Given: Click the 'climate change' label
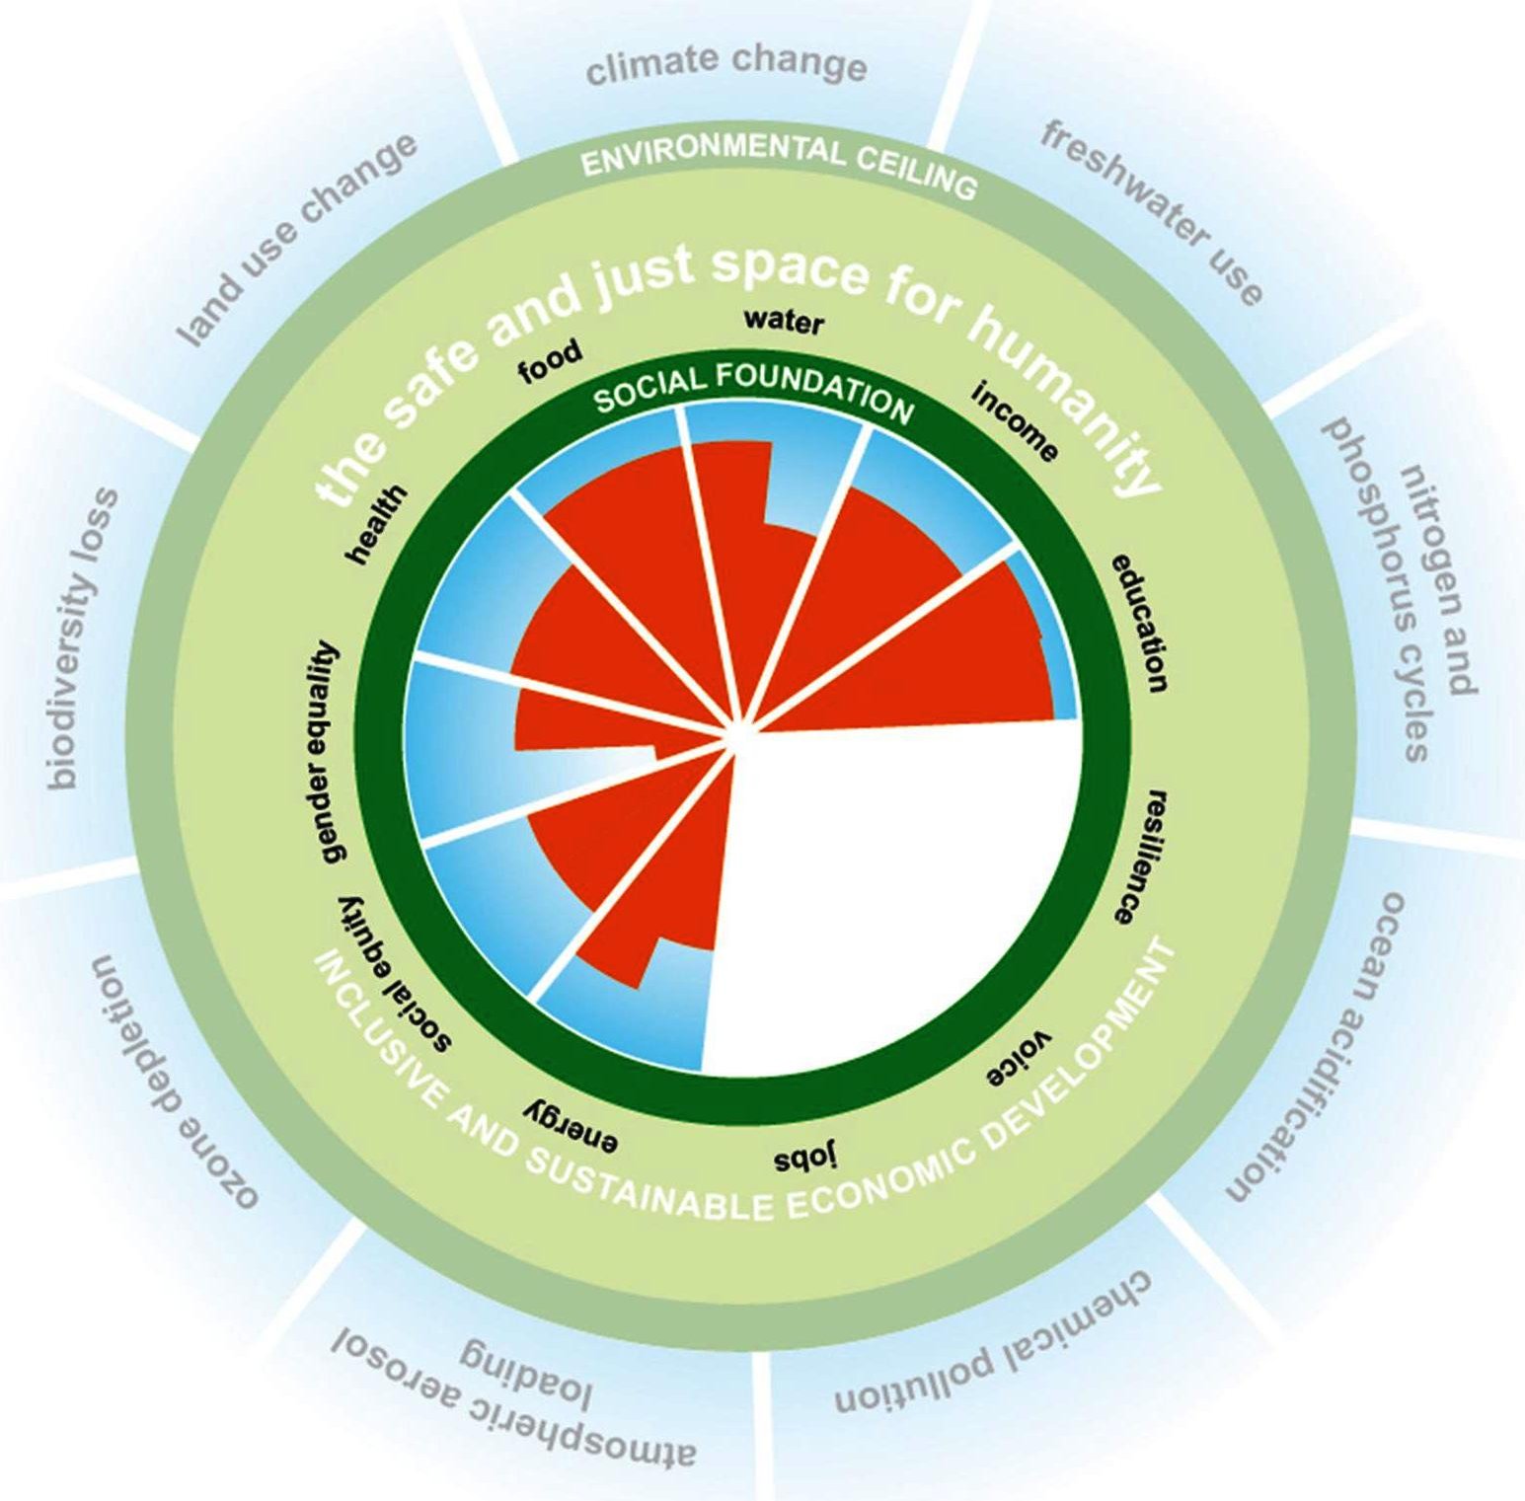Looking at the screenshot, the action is [726, 65].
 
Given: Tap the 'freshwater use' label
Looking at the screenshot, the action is [1151, 212].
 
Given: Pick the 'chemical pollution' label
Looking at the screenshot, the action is [993, 1347].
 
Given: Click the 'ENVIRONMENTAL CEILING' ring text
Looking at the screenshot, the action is [779, 163].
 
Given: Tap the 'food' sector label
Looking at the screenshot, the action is [551, 361].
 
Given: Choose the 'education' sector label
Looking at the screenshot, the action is [1141, 622].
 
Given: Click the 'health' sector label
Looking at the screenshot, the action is [376, 524].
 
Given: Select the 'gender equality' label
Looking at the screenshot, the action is [319, 752].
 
